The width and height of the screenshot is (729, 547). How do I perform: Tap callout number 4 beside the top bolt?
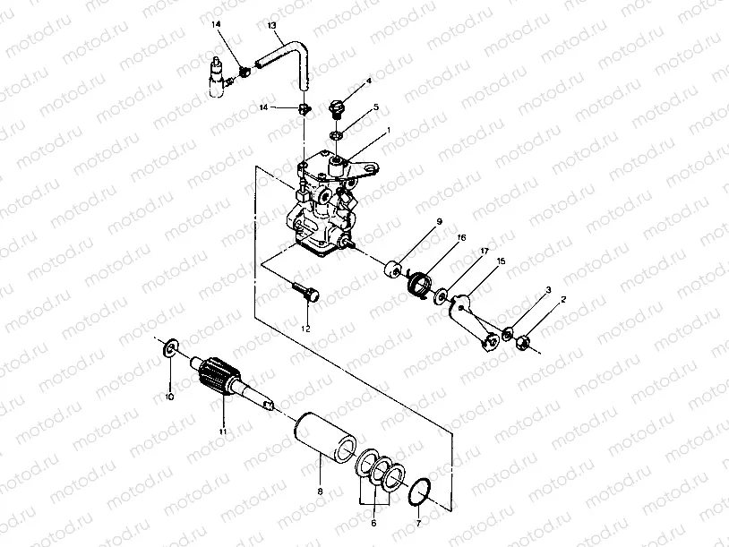[368, 82]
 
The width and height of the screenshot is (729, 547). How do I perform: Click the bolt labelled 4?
[339, 107]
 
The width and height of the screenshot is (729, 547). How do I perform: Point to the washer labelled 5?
[338, 134]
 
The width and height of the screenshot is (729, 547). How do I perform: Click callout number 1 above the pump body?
[389, 130]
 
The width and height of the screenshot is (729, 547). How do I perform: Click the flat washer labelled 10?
[169, 346]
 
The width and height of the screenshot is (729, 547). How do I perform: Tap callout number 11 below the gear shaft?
[222, 432]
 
